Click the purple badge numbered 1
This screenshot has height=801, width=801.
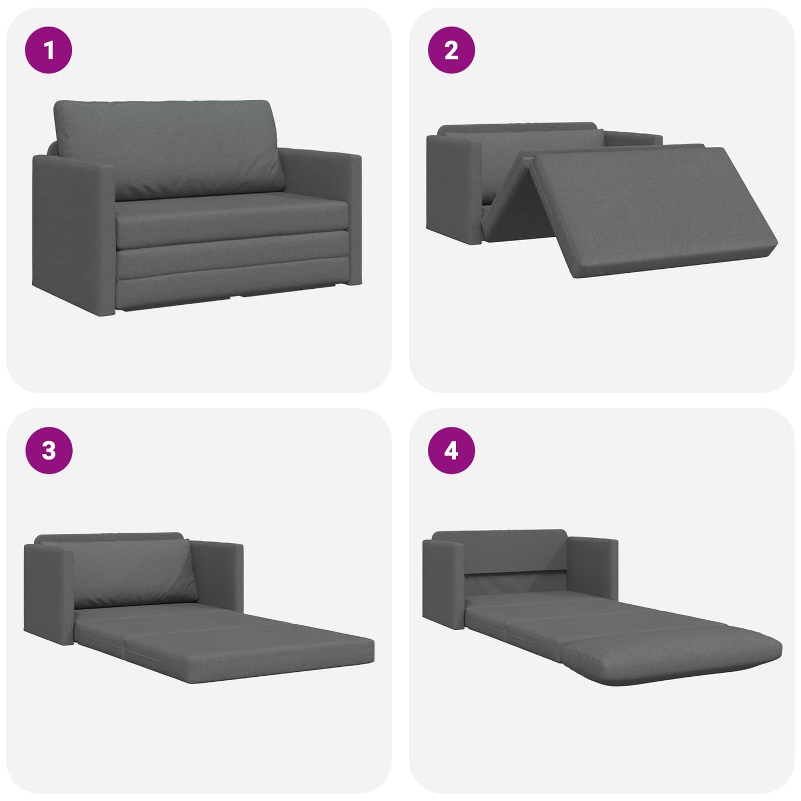click(x=49, y=50)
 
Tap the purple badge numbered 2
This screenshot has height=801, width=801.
click(x=451, y=50)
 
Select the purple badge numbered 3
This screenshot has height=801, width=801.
click(x=49, y=450)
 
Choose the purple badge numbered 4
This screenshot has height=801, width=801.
click(x=451, y=451)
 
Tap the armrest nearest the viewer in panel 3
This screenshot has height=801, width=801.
click(x=49, y=593)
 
